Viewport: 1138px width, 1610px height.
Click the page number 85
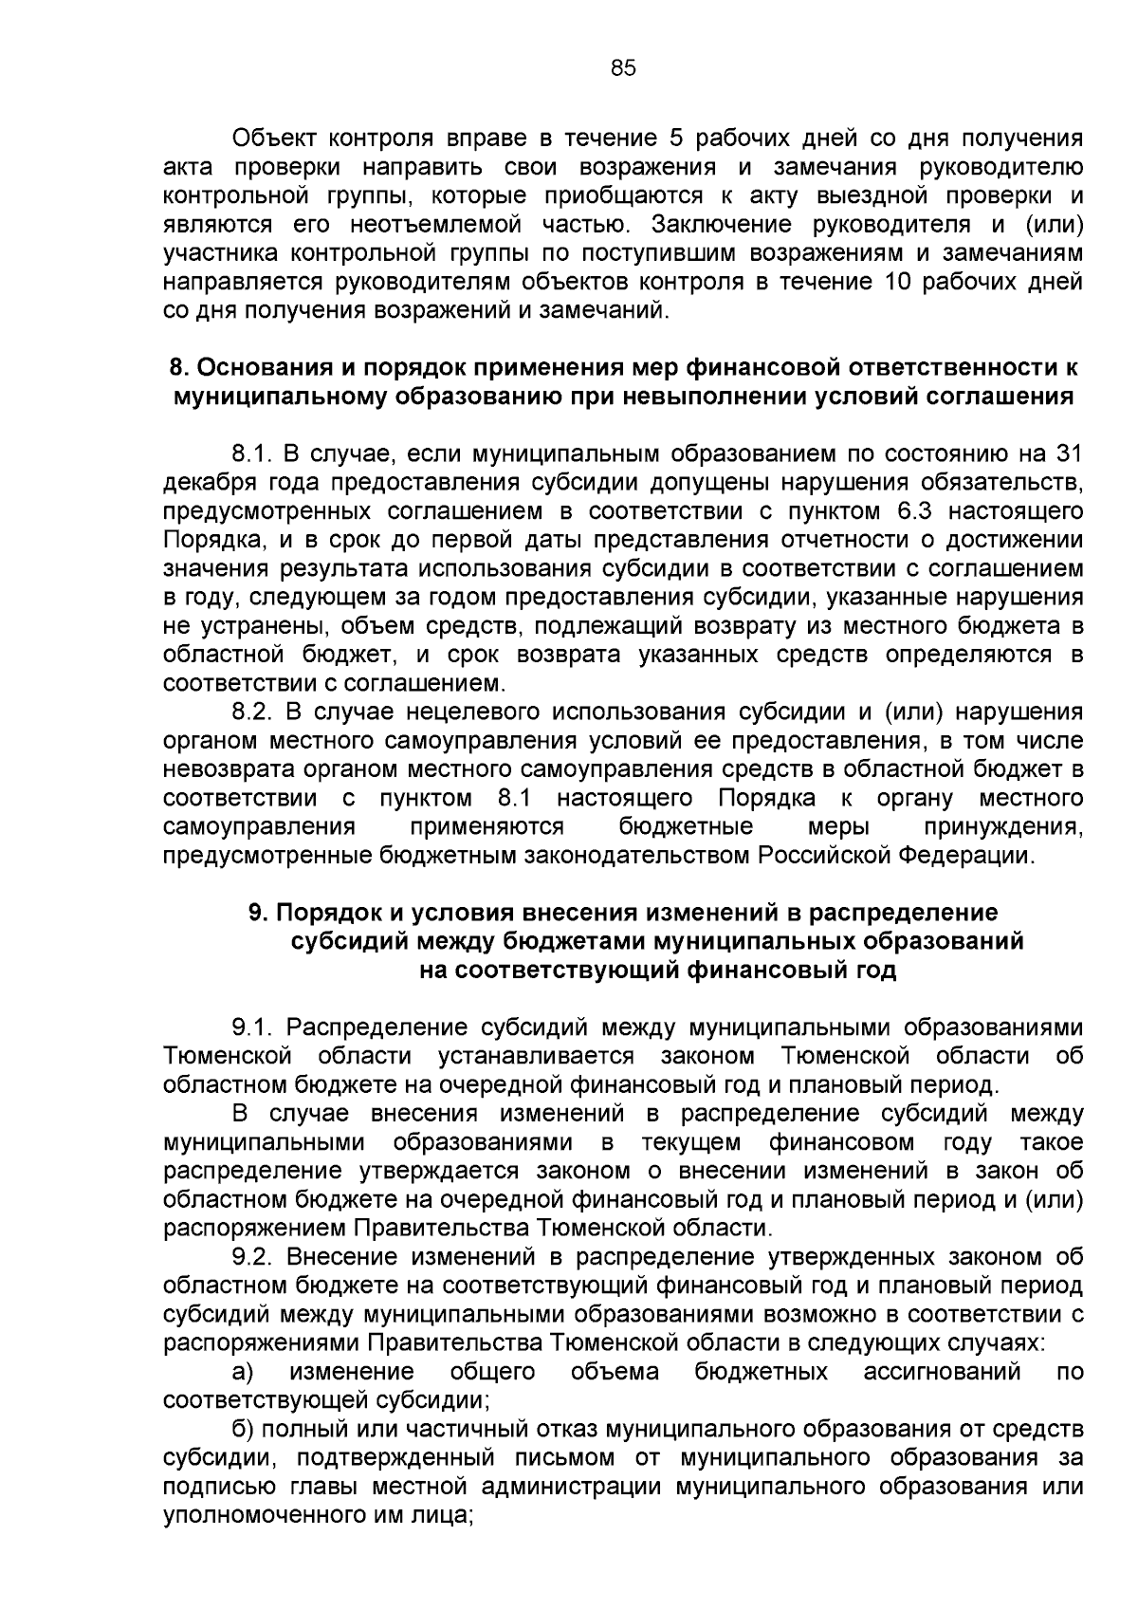click(x=623, y=67)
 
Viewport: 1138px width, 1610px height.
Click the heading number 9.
click(x=256, y=913)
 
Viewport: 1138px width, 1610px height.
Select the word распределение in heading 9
click(x=903, y=913)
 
